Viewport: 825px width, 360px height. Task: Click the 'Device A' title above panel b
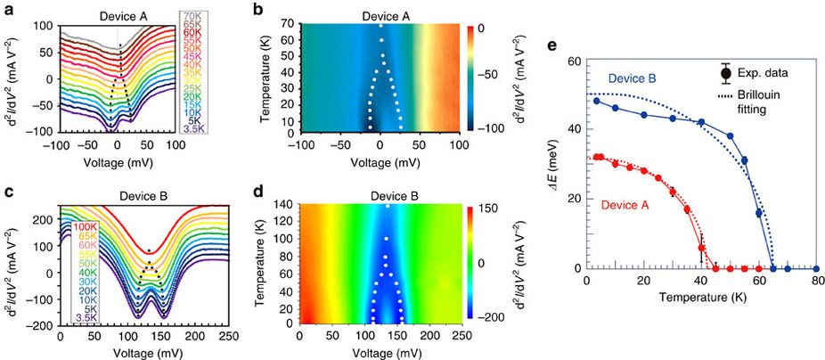pyautogui.click(x=380, y=15)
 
